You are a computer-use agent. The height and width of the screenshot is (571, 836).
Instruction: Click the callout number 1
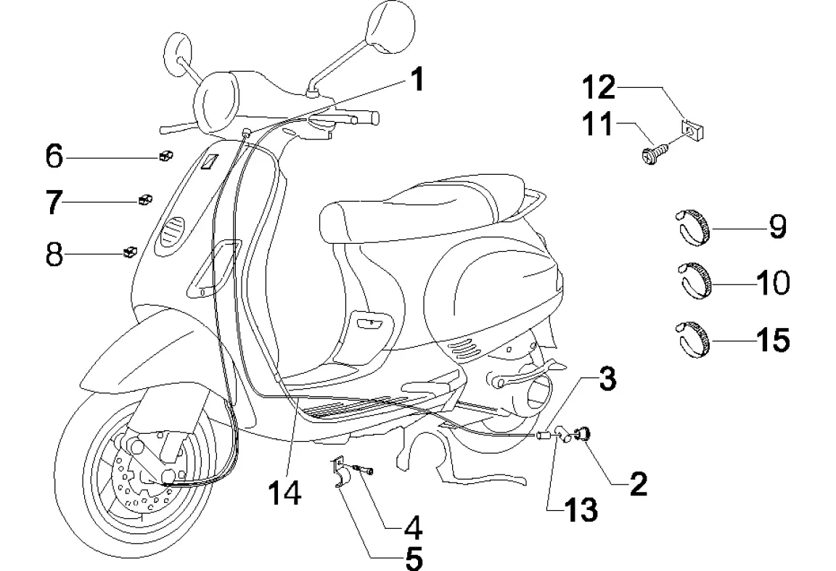click(x=416, y=79)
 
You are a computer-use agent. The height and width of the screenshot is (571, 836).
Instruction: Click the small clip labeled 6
click(x=165, y=155)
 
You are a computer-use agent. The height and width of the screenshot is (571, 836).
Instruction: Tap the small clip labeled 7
click(x=144, y=200)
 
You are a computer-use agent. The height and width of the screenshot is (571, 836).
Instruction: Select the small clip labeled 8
click(x=130, y=252)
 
